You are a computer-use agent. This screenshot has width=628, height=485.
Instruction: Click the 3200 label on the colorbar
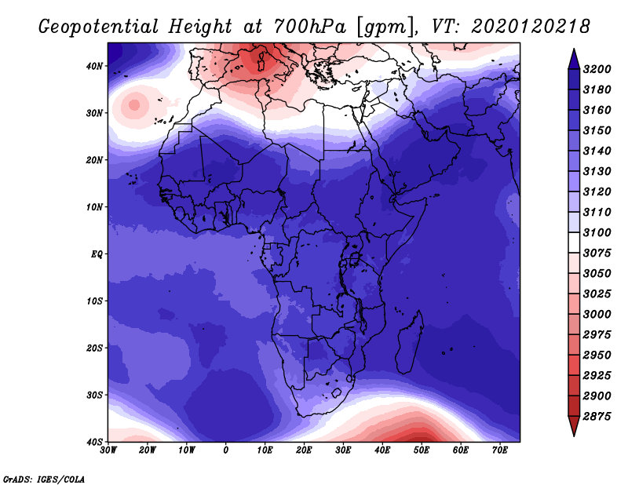(x=597, y=69)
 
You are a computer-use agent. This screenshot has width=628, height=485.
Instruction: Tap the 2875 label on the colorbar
(x=597, y=417)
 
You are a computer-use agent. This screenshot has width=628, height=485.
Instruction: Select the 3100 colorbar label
(x=597, y=232)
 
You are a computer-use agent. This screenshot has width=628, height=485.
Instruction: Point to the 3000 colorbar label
(x=597, y=315)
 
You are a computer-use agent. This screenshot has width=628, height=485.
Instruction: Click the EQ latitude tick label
(x=97, y=254)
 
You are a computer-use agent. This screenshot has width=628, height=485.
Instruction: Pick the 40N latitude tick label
(x=94, y=66)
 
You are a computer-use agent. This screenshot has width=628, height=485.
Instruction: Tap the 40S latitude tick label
(x=94, y=442)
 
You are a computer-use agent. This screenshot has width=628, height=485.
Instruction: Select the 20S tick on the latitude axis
(x=94, y=348)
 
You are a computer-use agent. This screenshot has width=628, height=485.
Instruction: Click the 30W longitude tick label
(x=108, y=450)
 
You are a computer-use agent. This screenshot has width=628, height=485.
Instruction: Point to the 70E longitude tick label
(x=499, y=450)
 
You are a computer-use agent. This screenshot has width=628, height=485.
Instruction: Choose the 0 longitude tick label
(x=226, y=450)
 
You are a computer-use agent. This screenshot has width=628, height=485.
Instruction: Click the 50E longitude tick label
(x=422, y=450)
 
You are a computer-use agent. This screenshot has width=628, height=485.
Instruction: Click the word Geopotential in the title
(x=99, y=27)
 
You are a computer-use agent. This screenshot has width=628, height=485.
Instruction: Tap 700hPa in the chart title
(x=309, y=27)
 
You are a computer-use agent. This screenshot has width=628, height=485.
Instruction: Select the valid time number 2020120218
(x=531, y=27)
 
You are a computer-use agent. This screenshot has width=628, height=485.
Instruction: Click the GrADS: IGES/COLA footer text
(x=44, y=479)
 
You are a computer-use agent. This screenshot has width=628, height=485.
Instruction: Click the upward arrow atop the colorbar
(x=574, y=59)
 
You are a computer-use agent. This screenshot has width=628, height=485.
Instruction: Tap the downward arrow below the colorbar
(x=574, y=426)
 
